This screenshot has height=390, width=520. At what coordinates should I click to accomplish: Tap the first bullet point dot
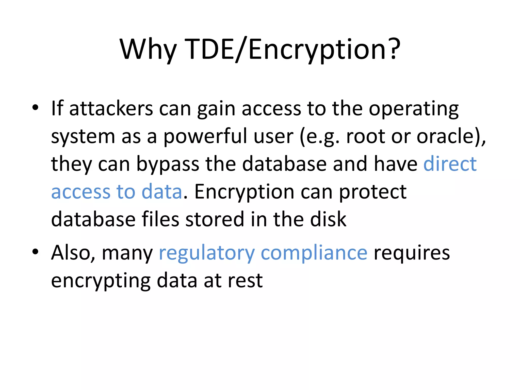click(35, 108)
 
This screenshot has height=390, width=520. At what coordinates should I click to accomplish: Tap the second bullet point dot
click(35, 252)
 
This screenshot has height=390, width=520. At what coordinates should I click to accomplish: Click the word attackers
click(111, 109)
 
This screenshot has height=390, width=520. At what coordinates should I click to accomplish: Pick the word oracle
click(448, 137)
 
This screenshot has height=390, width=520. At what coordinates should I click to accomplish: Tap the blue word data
click(162, 192)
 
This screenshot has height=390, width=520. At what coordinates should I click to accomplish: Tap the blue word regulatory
click(206, 253)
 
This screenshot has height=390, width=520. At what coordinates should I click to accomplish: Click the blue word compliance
click(314, 253)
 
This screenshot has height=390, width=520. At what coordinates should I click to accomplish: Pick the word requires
click(412, 253)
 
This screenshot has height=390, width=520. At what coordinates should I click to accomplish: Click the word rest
click(245, 281)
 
